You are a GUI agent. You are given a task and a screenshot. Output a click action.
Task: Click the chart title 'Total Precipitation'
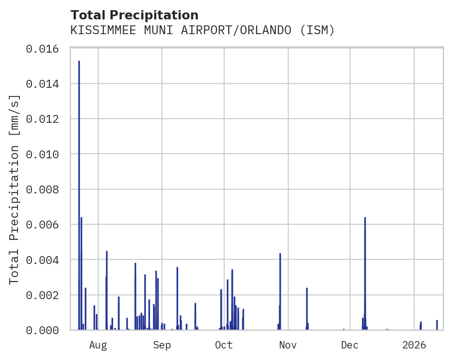pos(134,15)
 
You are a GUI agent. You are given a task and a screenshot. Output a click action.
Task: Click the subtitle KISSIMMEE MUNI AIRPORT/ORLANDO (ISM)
pos(202,30)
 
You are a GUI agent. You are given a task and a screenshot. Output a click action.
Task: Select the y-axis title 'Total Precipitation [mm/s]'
pos(15,189)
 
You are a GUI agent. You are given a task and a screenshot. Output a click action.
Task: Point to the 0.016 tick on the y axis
pos(46,48)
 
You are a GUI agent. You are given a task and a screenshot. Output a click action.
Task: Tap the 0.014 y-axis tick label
pos(46,84)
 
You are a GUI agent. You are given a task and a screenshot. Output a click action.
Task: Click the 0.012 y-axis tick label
pos(46,119)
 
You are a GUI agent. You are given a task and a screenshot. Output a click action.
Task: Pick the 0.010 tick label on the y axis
pos(46,154)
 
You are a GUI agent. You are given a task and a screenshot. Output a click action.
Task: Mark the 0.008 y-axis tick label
pos(46,189)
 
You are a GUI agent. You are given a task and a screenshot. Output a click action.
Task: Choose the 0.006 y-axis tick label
pos(46,224)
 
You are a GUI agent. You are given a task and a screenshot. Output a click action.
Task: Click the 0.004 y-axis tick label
pos(46,260)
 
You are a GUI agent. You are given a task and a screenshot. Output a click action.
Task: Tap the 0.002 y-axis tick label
pos(46,295)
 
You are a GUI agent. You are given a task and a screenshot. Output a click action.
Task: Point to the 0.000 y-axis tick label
pos(46,330)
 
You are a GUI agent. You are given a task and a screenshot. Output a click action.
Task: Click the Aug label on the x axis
pos(98,345)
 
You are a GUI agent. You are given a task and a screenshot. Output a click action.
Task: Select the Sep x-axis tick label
pos(162,345)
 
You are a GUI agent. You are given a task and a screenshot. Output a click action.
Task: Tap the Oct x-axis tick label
pos(224,345)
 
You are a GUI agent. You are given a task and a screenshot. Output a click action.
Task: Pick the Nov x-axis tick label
pos(288,345)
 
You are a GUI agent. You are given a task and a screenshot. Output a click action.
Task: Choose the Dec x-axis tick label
pos(350,345)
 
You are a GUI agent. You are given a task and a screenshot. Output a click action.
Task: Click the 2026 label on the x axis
pos(414,345)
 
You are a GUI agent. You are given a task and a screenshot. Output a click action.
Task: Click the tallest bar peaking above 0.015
pos(79,194)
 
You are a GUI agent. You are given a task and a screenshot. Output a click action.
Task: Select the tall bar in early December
pos(365,272)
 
